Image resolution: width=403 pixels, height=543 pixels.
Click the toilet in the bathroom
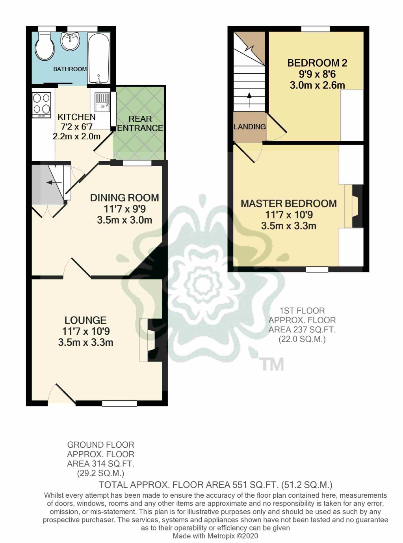coord(44,47)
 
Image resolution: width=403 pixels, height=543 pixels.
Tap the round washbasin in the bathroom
coord(71,41)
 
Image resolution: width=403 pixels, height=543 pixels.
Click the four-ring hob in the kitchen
coord(41,104)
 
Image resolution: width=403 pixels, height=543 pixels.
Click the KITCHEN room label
coord(76,117)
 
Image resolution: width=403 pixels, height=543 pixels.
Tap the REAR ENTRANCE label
coord(140,123)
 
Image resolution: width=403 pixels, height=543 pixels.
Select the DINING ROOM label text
coord(124,198)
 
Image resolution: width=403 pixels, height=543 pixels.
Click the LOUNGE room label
coord(85,320)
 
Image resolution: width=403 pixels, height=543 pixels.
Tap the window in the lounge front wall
coord(119,403)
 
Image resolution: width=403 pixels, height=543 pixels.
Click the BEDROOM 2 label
coord(317,63)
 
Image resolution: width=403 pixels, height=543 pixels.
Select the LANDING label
coord(250,127)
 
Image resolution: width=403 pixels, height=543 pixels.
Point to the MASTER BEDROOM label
coord(289,204)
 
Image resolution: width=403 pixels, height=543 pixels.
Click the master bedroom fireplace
coord(354,206)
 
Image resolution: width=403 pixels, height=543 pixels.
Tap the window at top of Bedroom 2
coord(315,29)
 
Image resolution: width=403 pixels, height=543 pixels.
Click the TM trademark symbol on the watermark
coord(272,364)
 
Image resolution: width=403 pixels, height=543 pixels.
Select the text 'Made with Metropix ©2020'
coord(215,536)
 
